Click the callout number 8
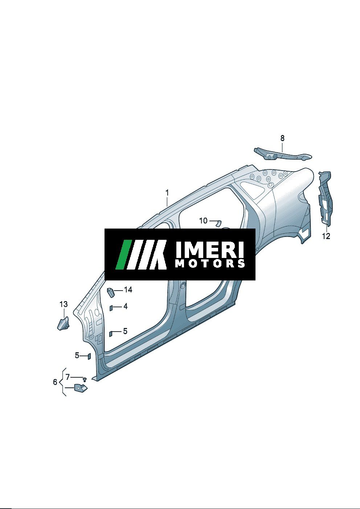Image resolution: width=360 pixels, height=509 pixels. [x=282, y=138]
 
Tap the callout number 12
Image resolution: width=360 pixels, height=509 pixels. [x=326, y=236]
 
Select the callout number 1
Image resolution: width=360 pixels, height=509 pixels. [x=167, y=193]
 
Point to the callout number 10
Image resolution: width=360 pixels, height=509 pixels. [x=204, y=221]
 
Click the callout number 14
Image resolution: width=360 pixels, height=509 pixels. [x=128, y=290]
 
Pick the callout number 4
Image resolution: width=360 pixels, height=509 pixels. [x=126, y=306]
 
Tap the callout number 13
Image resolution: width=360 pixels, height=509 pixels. [x=64, y=304]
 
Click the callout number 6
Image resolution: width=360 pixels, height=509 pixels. [x=55, y=382]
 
